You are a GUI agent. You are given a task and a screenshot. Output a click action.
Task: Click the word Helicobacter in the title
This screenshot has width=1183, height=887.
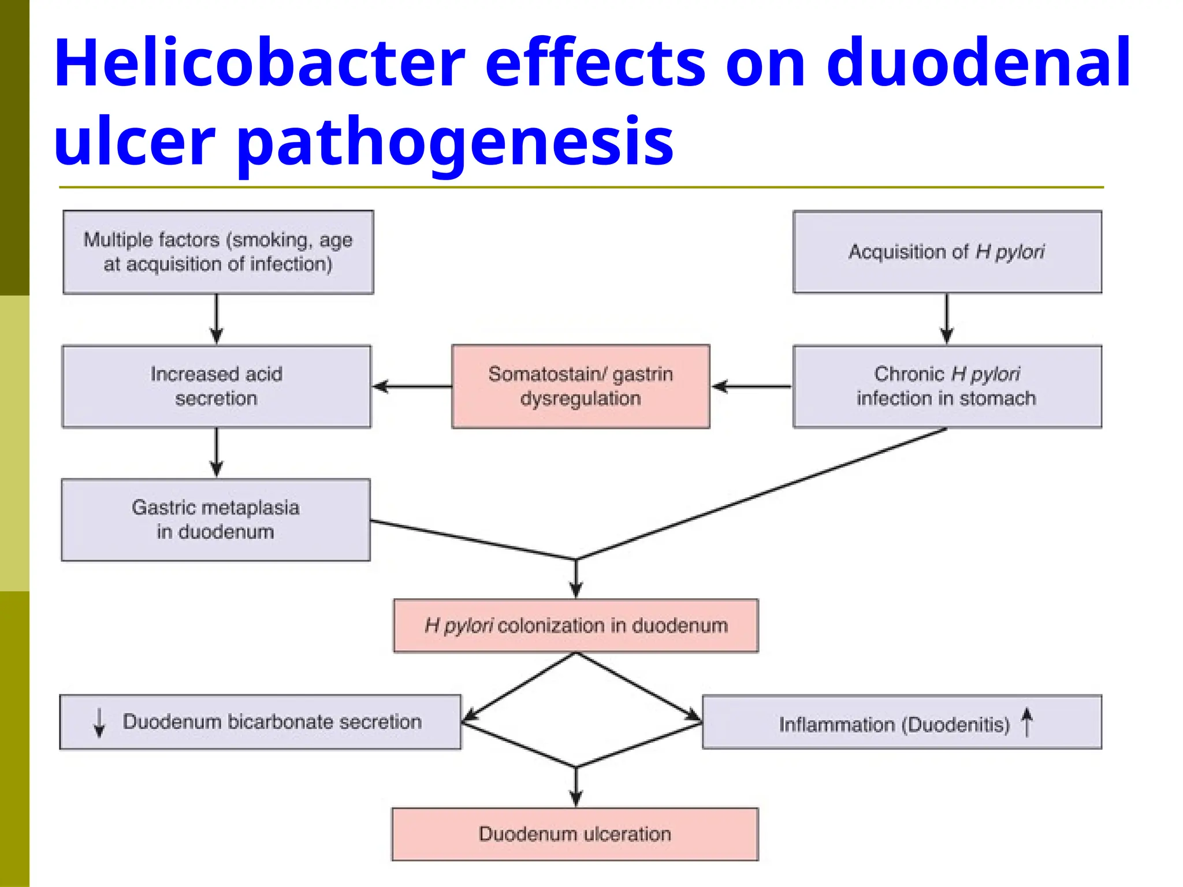259,62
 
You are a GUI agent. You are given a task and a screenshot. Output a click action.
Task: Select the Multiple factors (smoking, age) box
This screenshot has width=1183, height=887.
218,252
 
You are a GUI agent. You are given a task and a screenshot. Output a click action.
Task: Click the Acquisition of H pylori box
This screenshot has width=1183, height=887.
947,252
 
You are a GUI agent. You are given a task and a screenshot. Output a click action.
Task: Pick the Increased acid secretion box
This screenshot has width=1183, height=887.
217,386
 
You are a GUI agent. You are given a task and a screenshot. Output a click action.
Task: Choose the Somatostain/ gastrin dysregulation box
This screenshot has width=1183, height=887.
581,386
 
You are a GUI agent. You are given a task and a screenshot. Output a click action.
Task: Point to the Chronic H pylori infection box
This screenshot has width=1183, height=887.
947,386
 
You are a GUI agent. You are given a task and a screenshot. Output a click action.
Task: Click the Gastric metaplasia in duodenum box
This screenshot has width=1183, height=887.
215,520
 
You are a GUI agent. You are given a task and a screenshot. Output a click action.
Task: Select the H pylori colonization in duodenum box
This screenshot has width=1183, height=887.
576,626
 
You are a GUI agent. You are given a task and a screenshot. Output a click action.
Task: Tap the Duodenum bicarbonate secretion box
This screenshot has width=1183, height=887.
261,722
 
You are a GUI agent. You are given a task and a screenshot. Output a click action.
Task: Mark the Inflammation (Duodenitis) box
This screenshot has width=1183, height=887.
902,722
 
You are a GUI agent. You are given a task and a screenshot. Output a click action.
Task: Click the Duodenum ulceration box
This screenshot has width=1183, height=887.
575,834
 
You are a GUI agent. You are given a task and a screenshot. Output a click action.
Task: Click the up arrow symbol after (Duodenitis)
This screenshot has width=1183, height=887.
1026,722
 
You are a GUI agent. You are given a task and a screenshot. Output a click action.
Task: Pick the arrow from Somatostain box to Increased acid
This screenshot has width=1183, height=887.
411,386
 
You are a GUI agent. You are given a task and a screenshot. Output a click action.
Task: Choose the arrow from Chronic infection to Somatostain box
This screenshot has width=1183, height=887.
751,386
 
